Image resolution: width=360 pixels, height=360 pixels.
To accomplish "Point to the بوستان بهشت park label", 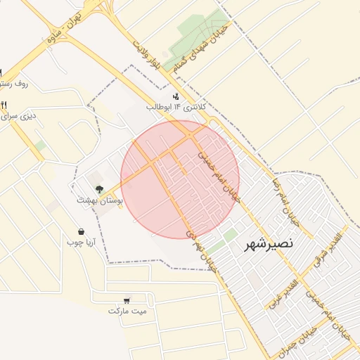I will pos(101,200).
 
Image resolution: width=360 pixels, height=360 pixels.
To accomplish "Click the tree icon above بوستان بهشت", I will pos(99,188).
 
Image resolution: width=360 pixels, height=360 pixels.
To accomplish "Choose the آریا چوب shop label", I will pos(81,243).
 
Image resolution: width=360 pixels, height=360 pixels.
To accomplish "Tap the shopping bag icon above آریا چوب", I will pos(82,231).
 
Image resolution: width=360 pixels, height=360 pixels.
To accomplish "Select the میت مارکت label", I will pos(128,310).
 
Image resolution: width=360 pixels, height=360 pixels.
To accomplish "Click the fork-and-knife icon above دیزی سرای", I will pos(4,105).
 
